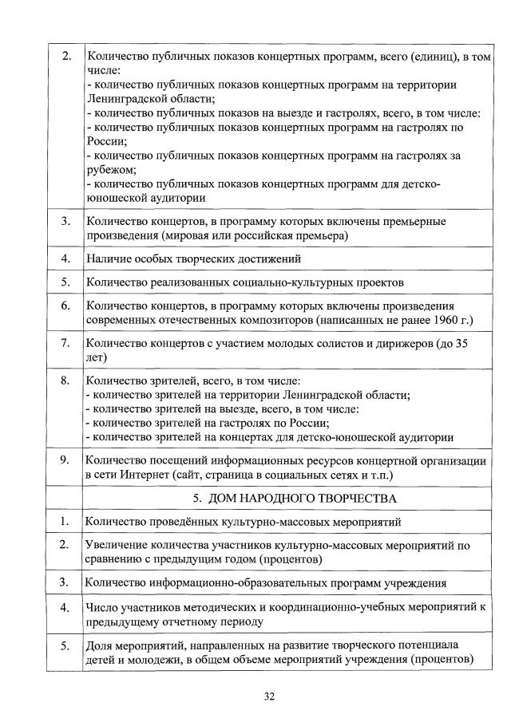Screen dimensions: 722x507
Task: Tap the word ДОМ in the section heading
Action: [224, 499]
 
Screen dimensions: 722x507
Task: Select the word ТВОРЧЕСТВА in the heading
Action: [357, 499]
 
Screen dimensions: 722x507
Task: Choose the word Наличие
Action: [109, 258]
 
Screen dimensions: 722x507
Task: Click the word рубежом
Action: [111, 170]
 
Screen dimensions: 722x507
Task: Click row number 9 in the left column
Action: [66, 460]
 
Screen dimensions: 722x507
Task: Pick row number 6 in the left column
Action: [66, 306]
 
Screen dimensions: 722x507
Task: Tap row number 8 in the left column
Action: [66, 381]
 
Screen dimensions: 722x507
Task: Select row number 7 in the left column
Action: [66, 344]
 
